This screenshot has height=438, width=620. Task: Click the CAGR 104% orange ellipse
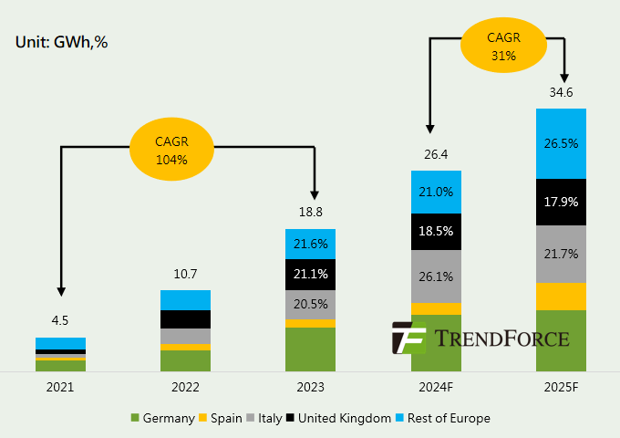(x=171, y=151)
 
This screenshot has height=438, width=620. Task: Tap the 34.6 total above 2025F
(x=561, y=93)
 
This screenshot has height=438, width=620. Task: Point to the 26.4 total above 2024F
(x=437, y=153)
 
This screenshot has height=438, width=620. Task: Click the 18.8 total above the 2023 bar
(x=312, y=213)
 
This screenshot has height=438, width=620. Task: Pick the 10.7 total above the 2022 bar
(x=185, y=274)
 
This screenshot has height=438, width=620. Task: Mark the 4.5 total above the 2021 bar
(x=60, y=320)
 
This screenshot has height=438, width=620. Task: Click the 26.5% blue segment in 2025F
(x=561, y=143)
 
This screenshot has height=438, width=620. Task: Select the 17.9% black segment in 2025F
(x=561, y=202)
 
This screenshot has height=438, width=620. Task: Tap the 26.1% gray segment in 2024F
(x=437, y=276)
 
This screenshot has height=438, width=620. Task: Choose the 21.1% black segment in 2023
(x=312, y=275)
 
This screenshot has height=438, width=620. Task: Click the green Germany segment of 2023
(x=312, y=349)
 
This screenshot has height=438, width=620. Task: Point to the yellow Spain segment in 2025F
(x=561, y=296)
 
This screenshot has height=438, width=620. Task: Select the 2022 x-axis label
(x=185, y=387)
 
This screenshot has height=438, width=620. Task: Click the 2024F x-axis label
(x=437, y=387)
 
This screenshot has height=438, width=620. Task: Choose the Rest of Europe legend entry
(x=443, y=418)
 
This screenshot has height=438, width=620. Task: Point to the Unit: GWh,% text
(x=62, y=42)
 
